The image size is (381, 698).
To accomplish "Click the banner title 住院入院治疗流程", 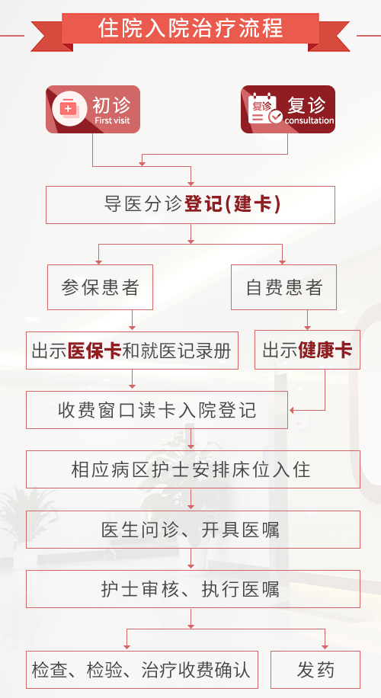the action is tap(190, 27).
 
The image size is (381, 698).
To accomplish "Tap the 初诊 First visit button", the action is tap(93, 110).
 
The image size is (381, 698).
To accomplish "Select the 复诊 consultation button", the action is tap(287, 110).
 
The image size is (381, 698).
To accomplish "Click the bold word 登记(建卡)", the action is tap(232, 205).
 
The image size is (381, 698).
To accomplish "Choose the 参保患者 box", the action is tap(100, 287).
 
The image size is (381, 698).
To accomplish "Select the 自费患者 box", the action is tap(283, 287).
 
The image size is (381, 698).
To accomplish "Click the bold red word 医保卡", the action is tap(94, 351).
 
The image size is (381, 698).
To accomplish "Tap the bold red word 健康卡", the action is tap(325, 350).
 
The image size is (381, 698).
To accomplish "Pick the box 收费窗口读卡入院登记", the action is tap(157, 410).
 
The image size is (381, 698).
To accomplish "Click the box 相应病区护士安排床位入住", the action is tap(193, 469).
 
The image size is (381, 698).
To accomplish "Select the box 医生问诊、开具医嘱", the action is tap(193, 530).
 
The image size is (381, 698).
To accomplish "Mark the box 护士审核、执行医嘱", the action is tap(193, 589).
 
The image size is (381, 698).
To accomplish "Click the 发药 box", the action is tap(315, 670).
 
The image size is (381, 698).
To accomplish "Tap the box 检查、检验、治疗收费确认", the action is tap(142, 670).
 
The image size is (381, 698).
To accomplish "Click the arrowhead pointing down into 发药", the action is tap(325, 645).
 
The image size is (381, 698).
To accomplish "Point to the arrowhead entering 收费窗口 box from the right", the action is tap(293, 410).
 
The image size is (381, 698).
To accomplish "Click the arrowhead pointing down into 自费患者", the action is tap(282, 261).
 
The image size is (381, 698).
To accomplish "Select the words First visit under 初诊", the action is tap(112, 120).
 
